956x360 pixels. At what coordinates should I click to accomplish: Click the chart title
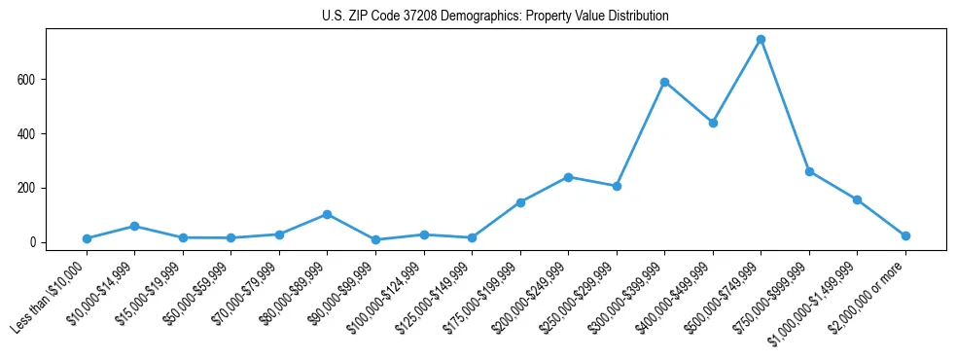(495, 17)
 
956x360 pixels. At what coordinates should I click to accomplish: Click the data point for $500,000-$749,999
(761, 39)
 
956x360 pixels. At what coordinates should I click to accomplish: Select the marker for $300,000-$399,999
(664, 82)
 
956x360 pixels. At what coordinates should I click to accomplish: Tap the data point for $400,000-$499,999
(713, 123)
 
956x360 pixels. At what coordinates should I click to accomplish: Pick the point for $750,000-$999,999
(809, 171)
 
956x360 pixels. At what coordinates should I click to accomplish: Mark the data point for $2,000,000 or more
(905, 235)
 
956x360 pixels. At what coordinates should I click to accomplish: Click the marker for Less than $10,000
(87, 238)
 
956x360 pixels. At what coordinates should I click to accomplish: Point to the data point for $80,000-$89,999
(327, 214)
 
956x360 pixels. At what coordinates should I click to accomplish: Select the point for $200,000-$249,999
(568, 177)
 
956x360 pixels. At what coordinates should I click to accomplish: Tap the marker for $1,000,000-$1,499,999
(857, 199)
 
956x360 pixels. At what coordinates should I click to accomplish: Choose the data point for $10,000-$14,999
(134, 226)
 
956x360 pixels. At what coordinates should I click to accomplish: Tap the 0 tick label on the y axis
(33, 242)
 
